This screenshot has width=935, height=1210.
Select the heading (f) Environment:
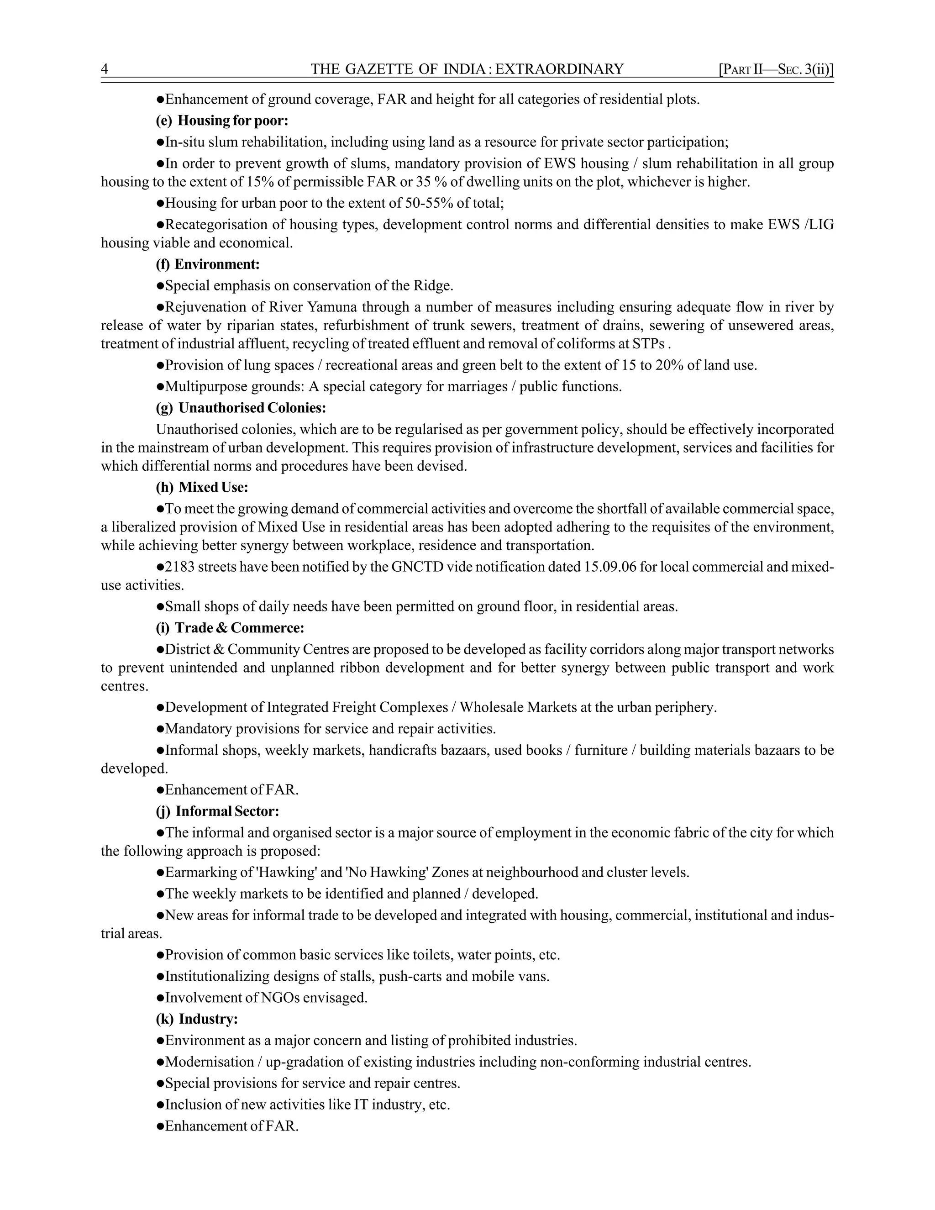[208, 264]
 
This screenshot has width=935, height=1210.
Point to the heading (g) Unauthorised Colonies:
[241, 408]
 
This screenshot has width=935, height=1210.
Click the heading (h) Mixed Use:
[202, 487]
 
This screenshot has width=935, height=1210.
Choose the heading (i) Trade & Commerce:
[231, 628]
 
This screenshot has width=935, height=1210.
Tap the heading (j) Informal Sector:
[218, 811]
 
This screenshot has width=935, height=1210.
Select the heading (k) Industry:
[197, 1019]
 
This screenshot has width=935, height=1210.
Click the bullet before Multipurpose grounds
[160, 387]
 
